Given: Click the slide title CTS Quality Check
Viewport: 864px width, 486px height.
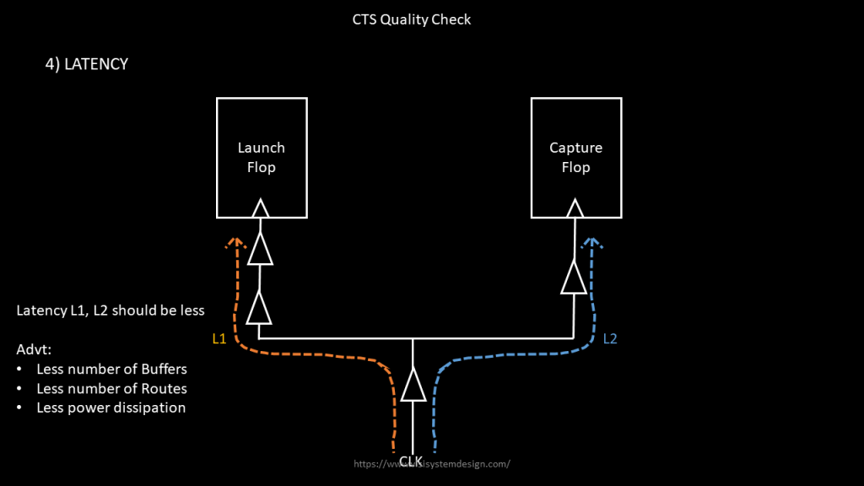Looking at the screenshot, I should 412,19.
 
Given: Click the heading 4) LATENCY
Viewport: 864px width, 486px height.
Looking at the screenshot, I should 86,64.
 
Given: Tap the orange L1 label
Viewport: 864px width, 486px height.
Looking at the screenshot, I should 219,339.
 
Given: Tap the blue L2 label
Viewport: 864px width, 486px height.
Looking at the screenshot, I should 610,339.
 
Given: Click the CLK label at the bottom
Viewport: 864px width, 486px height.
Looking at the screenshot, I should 411,461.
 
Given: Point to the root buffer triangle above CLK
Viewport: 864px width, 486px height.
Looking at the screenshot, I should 413,386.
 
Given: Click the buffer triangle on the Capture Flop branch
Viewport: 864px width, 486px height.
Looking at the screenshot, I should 574,278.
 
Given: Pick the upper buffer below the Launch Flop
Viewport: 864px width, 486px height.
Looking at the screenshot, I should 260,249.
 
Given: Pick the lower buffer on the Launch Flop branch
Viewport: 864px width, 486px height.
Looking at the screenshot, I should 260,308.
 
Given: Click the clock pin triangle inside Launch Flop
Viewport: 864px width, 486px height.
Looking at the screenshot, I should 260,208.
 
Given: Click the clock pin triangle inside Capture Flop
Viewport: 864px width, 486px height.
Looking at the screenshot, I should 575,208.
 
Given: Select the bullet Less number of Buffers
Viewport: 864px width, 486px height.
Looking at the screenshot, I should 111,370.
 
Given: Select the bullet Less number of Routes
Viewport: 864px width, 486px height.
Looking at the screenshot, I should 111,389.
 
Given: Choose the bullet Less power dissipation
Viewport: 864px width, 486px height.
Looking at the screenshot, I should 111,408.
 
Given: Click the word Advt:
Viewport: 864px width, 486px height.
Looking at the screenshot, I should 34,349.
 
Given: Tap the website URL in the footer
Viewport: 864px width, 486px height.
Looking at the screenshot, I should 432,464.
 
